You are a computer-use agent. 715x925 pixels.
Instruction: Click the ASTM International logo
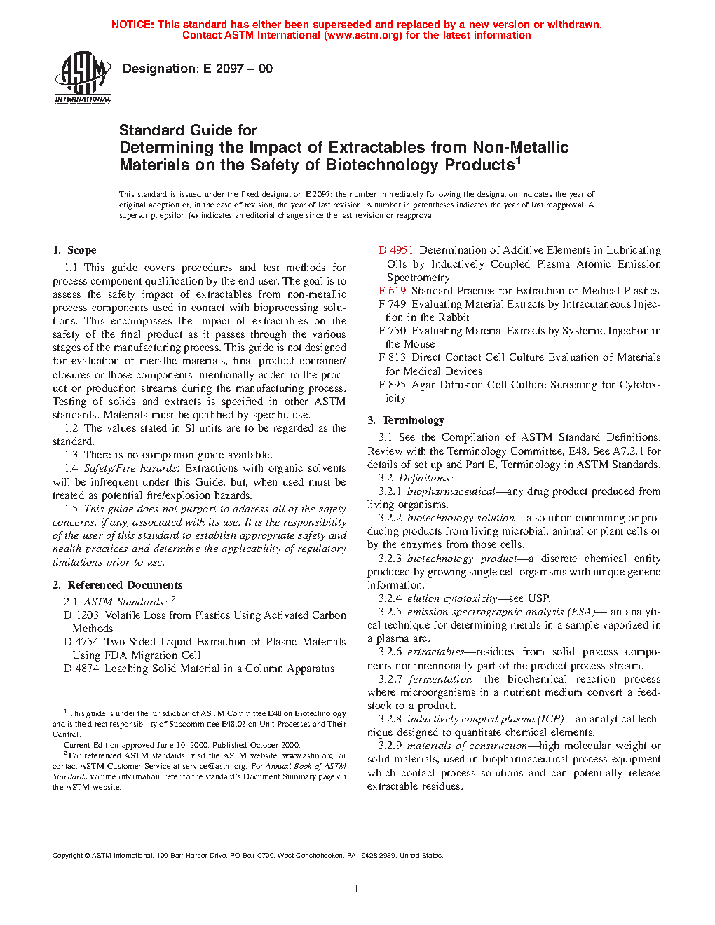coord(83,76)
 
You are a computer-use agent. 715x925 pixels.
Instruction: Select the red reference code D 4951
coord(396,250)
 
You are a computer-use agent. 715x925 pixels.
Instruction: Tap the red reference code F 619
coord(393,291)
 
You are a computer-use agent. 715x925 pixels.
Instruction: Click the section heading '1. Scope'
coord(74,250)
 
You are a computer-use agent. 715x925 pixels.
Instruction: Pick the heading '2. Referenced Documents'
coord(118,585)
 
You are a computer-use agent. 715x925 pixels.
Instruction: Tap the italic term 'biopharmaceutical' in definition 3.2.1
coord(451,491)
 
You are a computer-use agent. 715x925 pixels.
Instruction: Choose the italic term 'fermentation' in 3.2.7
coord(440,679)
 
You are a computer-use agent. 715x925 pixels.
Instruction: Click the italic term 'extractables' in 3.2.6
coord(435,652)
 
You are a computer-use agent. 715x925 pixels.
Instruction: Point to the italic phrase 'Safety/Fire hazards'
coord(131,468)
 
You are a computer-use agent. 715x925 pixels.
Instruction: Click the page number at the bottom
coord(357,889)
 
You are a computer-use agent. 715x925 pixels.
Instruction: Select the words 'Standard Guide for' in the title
coord(188,130)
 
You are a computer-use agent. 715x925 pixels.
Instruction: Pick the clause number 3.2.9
coord(390,746)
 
